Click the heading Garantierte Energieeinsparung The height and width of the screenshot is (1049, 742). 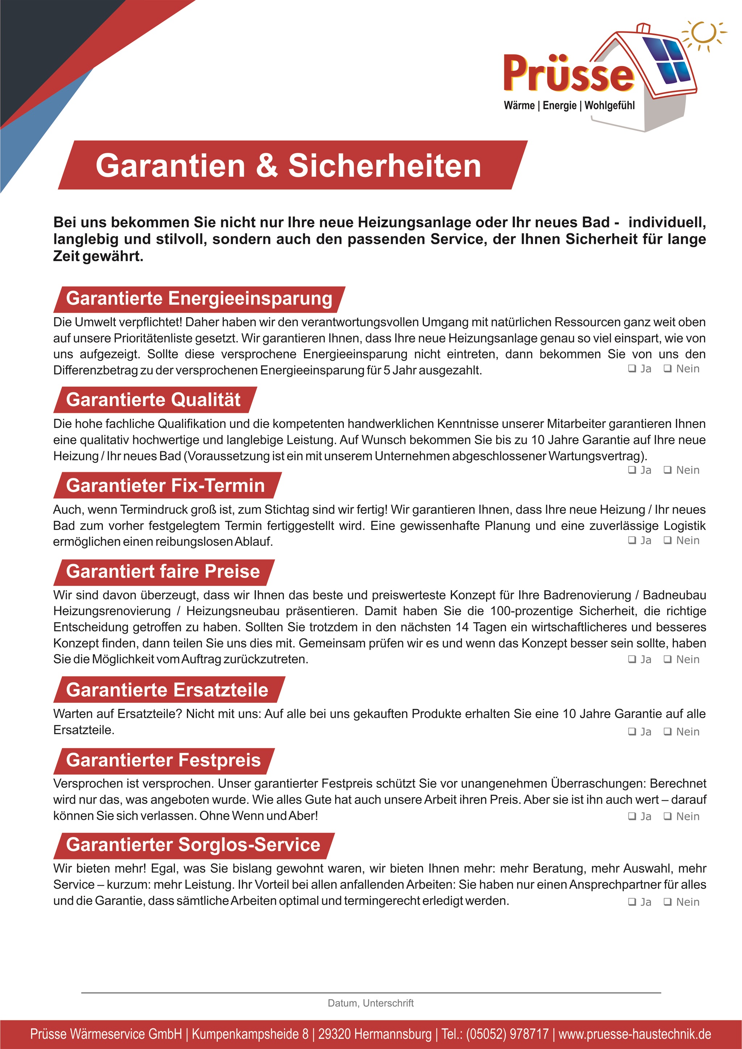(199, 298)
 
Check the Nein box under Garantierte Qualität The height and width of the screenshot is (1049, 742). (667, 470)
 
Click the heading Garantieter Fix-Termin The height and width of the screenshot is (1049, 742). (166, 485)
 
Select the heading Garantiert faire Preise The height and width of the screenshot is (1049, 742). (163, 571)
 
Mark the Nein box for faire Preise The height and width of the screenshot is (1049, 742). (667, 659)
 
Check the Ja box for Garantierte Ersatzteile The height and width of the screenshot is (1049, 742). (632, 732)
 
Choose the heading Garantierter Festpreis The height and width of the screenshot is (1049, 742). (163, 760)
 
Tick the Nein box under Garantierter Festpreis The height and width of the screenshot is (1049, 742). (667, 816)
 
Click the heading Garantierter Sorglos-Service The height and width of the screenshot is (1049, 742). (193, 845)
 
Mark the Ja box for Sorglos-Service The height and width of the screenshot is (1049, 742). (632, 902)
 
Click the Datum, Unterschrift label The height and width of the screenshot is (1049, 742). (371, 1003)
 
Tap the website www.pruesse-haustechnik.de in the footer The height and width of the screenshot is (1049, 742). (635, 1034)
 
